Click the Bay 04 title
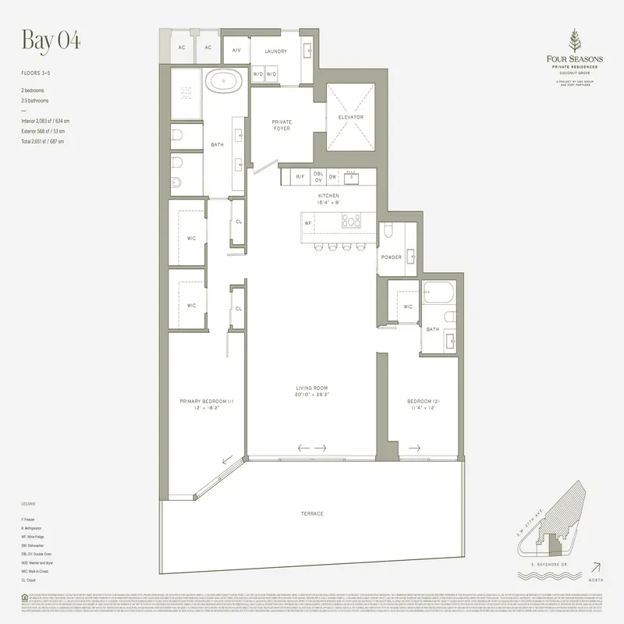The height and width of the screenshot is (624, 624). pos(51,41)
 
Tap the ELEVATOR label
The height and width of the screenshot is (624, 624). pos(351,117)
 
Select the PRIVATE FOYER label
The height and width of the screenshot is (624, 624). pos(282,125)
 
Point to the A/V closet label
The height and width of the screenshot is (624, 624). pos(236,51)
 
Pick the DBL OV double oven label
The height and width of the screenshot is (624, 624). pos(318,177)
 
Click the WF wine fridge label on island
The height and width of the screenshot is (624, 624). pos(308,222)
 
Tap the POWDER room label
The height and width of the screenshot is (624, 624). pos(391,256)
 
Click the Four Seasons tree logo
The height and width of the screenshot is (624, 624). pos(576,41)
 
